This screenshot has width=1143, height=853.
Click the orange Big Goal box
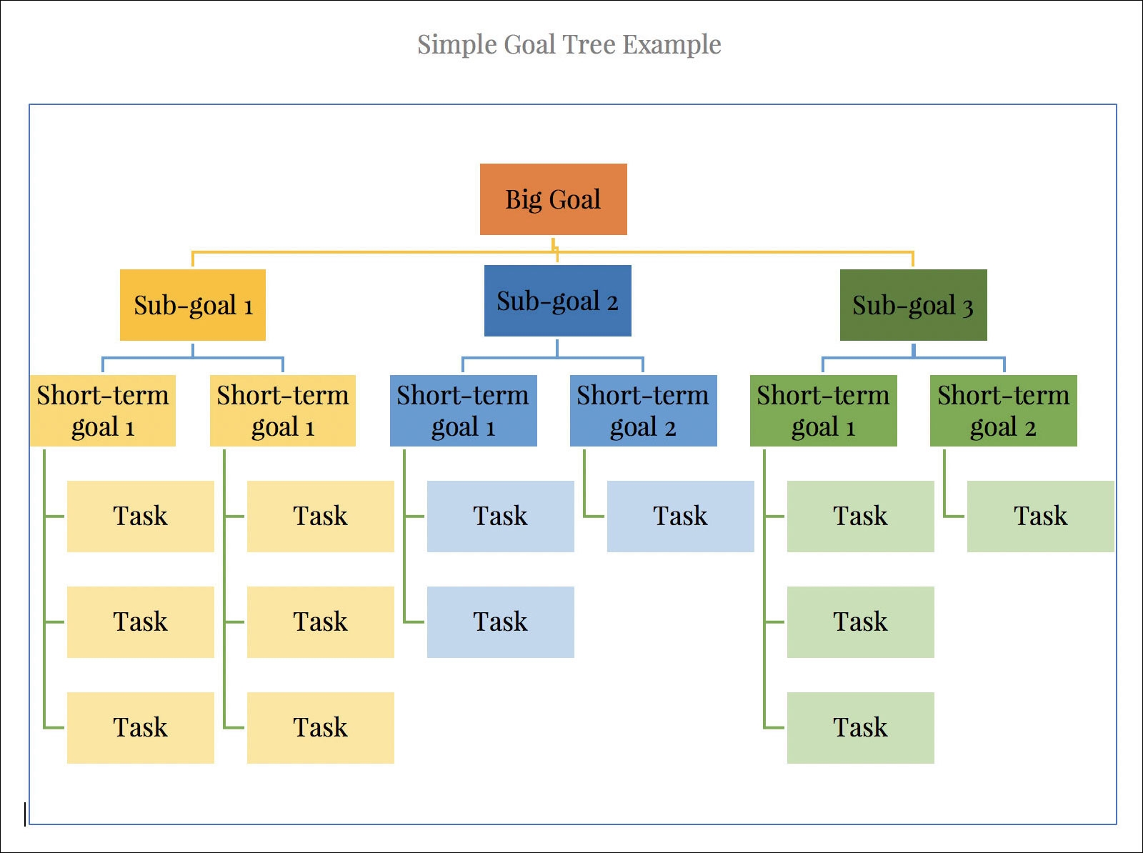tap(553, 199)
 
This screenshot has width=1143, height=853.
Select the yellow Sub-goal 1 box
tap(193, 305)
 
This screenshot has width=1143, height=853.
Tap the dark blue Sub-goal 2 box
tap(557, 301)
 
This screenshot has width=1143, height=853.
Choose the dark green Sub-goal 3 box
tap(913, 305)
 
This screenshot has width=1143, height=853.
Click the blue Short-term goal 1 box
tap(463, 411)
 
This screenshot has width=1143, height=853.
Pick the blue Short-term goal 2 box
tap(643, 411)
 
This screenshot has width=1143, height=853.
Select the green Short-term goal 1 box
tap(823, 411)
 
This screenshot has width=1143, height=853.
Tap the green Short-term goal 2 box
tap(1003, 411)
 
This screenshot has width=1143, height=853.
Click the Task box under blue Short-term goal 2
tap(680, 517)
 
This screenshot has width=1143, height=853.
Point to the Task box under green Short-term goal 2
tap(1040, 517)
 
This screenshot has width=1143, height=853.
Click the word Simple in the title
tap(456, 45)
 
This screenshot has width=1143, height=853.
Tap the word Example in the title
tap(672, 45)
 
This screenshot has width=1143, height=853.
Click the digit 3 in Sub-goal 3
tap(967, 308)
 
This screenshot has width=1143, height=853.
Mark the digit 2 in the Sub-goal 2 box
tap(612, 303)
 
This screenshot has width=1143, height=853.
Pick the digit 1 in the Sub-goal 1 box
tap(249, 308)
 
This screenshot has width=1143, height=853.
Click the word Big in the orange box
tap(523, 200)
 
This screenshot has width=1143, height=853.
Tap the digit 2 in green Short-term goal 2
tap(1030, 429)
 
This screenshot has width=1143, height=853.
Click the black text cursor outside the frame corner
tap(25, 814)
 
